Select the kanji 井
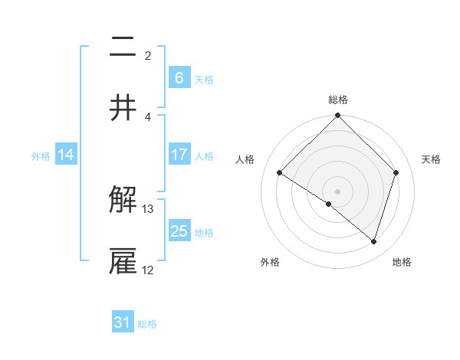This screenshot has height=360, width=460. pyautogui.click(x=123, y=107)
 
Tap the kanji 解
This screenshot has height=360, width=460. pyautogui.click(x=123, y=201)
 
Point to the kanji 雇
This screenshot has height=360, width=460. pyautogui.click(x=123, y=260)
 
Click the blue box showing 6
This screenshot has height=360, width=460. pyautogui.click(x=179, y=78)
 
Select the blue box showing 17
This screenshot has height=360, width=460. pyautogui.click(x=179, y=155)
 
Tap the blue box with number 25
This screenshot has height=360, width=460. pyautogui.click(x=179, y=231)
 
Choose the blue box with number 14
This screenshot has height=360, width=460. pyautogui.click(x=66, y=155)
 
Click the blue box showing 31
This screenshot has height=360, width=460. pyautogui.click(x=123, y=322)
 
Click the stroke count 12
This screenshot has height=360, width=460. pyautogui.click(x=148, y=270)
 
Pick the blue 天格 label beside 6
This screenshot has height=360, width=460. pyautogui.click(x=204, y=80)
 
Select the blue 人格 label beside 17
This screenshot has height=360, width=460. pyautogui.click(x=204, y=156)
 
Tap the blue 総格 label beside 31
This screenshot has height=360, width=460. pyautogui.click(x=147, y=324)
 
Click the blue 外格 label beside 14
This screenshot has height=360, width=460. pyautogui.click(x=41, y=156)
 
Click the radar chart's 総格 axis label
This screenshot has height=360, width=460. pyautogui.click(x=338, y=100)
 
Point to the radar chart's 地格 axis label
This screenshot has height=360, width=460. pyautogui.click(x=402, y=262)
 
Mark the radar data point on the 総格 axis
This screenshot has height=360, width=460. pyautogui.click(x=338, y=116)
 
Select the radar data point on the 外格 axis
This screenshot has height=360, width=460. pyautogui.click(x=329, y=205)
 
